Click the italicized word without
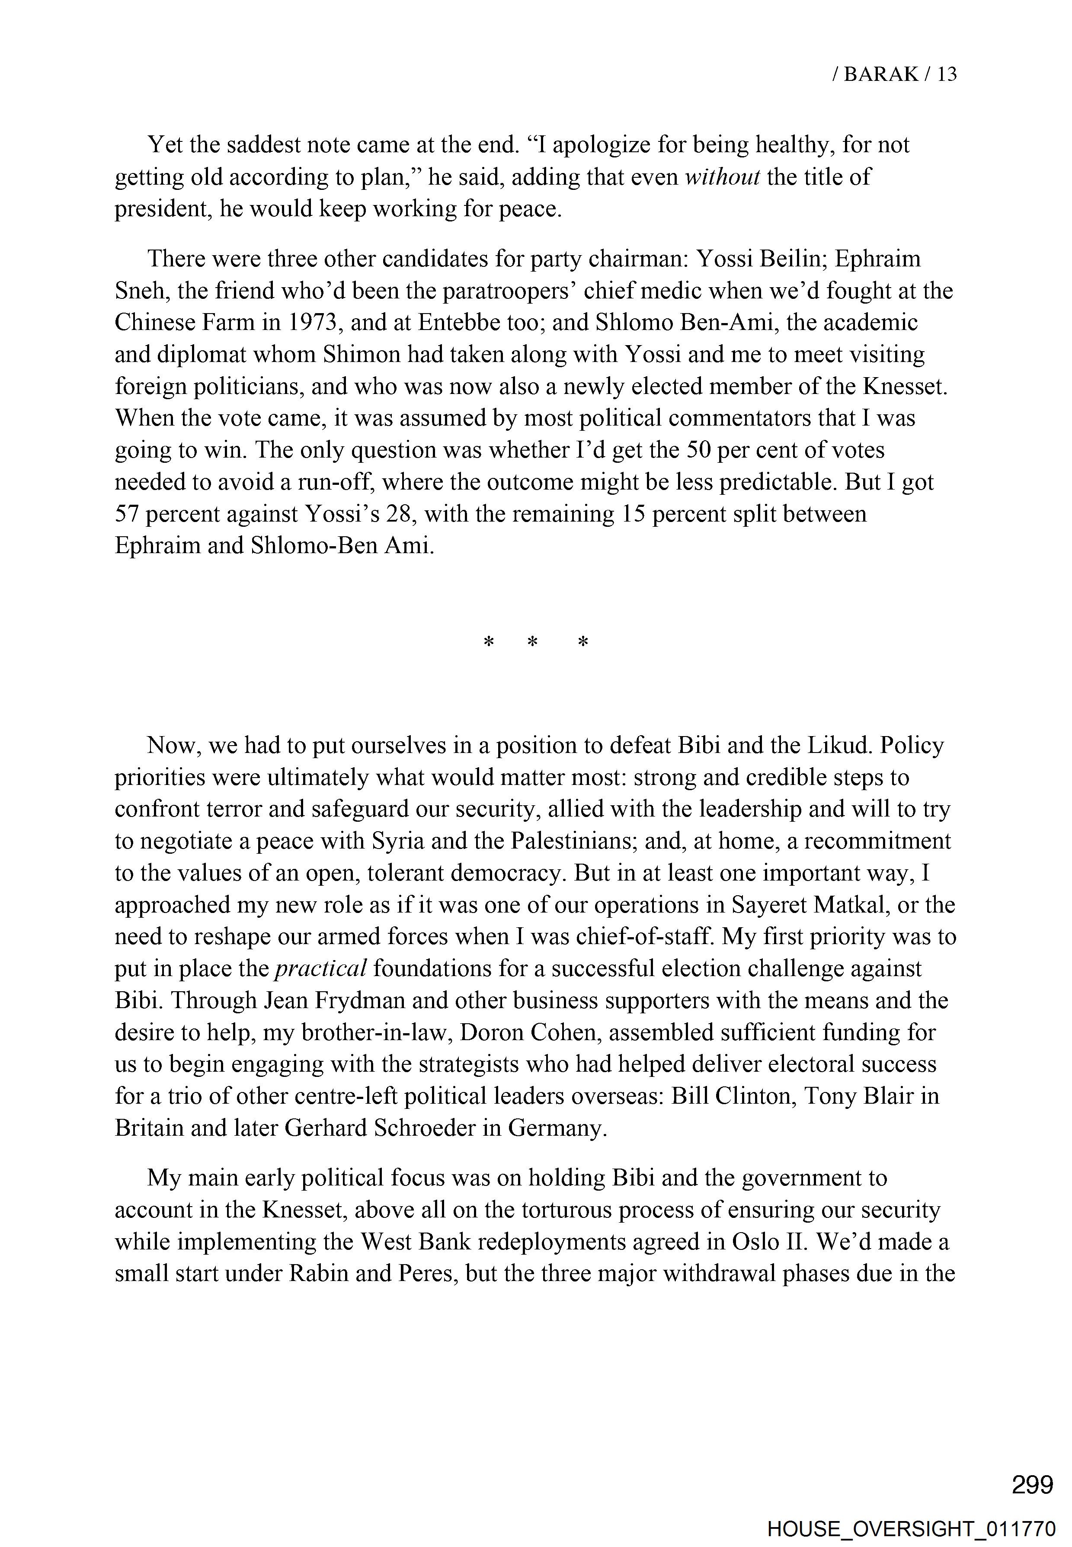point(722,176)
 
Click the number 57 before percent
point(126,514)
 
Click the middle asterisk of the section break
point(533,643)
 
